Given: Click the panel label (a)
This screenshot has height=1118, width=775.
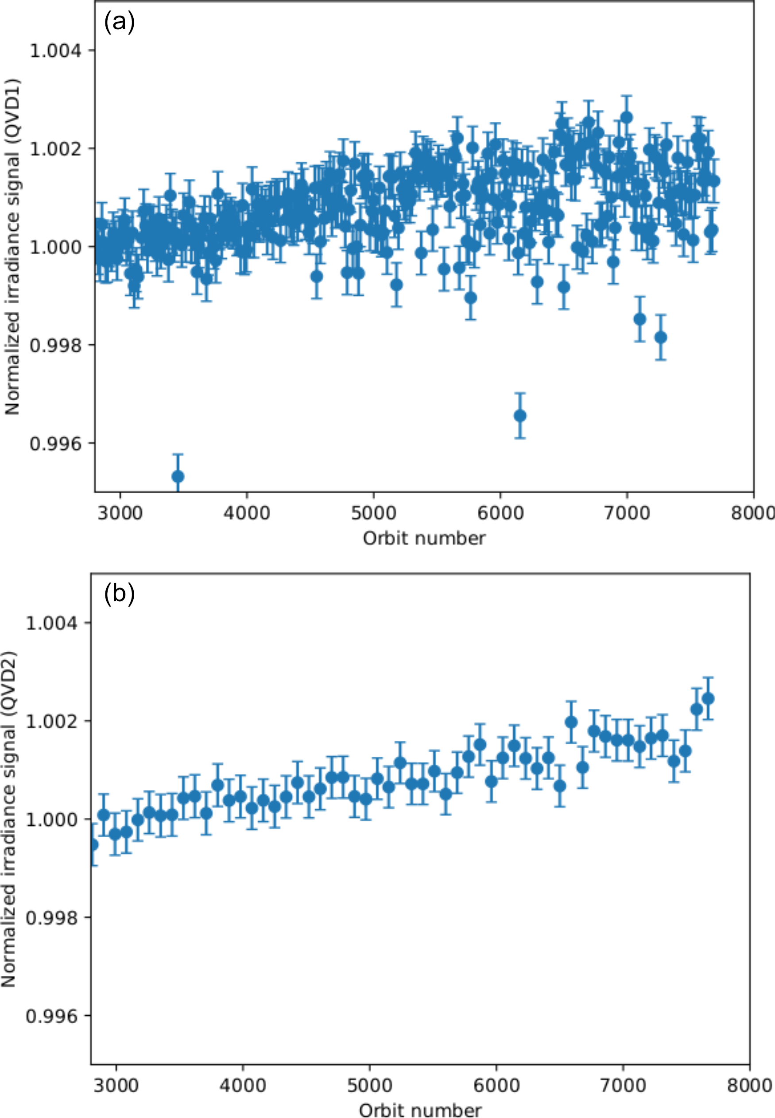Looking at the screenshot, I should [119, 22].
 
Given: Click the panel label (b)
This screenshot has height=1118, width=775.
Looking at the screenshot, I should [119, 595].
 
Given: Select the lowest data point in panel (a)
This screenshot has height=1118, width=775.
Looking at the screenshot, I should [178, 476].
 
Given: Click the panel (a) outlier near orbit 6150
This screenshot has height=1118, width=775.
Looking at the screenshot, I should [520, 416].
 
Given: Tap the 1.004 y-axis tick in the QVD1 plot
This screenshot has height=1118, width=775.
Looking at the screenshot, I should [55, 50].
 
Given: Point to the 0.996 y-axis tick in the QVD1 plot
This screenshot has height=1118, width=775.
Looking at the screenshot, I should [55, 443].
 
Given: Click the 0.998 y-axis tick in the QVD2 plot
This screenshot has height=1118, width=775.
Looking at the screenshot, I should [51, 917].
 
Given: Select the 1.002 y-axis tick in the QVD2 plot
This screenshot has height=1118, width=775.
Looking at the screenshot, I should [51, 721].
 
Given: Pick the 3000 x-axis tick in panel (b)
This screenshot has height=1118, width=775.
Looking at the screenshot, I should [116, 1085].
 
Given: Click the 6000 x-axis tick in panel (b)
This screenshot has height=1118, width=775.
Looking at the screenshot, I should [496, 1085].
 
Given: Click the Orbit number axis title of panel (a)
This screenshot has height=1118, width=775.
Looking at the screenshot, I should [424, 538].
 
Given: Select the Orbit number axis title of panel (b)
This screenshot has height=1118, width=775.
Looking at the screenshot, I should [420, 1110].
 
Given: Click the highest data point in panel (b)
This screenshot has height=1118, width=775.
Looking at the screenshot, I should [708, 699].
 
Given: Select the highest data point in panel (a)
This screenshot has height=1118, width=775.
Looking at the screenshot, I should [626, 117].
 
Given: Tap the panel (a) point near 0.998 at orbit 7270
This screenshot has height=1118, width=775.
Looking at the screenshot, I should [660, 337].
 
